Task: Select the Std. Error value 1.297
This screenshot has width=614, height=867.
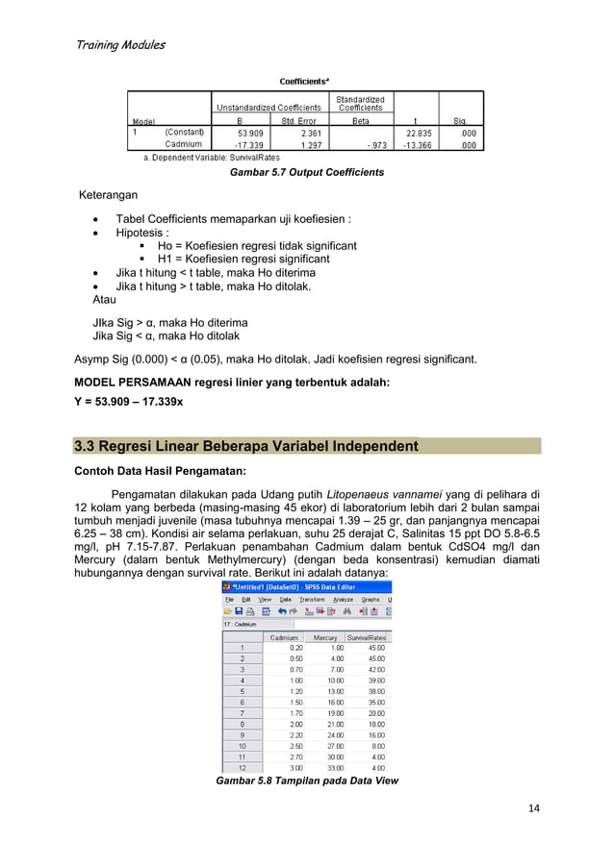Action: click(x=310, y=145)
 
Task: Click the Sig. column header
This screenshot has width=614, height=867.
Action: click(x=461, y=121)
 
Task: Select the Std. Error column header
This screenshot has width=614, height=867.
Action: click(x=300, y=121)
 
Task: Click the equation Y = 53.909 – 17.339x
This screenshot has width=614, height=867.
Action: click(x=136, y=403)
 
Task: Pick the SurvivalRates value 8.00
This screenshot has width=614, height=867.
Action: click(x=377, y=744)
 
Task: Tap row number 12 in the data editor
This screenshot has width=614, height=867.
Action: click(x=243, y=766)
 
